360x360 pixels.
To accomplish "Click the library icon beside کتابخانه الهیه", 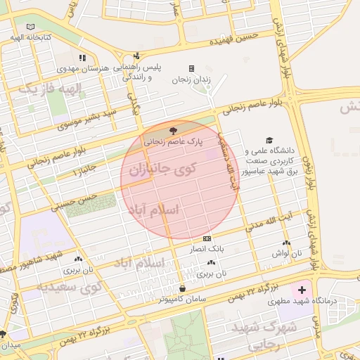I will pyautogui.click(x=30, y=27).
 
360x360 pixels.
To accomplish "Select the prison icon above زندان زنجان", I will pyautogui.click(x=191, y=68).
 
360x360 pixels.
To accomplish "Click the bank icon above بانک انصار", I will pyautogui.click(x=206, y=238).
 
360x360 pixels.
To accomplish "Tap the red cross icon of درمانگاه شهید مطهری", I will pyautogui.click(x=302, y=290).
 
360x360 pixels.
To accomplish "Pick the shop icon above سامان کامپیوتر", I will pyautogui.click(x=183, y=288).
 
